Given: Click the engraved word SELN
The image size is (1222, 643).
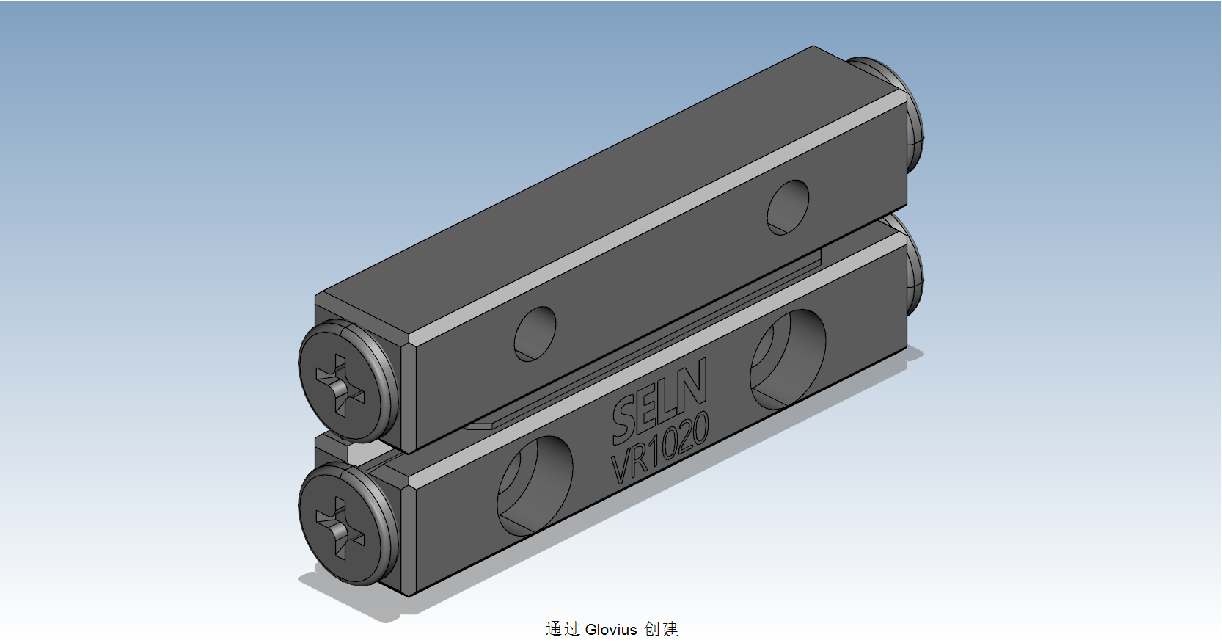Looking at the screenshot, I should (x=659, y=401).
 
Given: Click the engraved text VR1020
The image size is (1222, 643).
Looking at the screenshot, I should (x=660, y=448).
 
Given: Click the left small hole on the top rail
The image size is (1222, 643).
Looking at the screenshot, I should (x=535, y=333).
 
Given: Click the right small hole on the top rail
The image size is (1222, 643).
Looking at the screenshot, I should (x=788, y=207).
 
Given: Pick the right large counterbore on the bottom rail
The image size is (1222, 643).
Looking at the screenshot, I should (x=787, y=358).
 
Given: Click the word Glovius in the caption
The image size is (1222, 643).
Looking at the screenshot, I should (x=611, y=630).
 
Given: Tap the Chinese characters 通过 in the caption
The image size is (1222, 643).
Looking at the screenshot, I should (x=563, y=629).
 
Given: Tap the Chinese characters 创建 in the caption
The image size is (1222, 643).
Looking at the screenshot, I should (x=661, y=629).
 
